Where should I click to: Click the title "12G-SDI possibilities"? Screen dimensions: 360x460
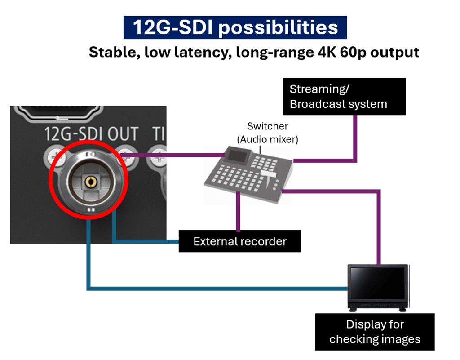[x=235, y=27]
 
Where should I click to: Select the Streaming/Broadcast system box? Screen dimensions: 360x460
[x=344, y=96]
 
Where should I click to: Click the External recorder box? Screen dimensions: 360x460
[x=240, y=241]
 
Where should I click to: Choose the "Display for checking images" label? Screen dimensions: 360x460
[x=375, y=332]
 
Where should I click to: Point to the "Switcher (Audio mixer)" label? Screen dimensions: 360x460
[x=267, y=133]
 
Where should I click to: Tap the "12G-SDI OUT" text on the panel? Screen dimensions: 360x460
[x=91, y=133]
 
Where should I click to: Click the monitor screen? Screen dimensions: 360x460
[x=379, y=284]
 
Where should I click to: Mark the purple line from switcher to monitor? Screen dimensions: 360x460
[x=380, y=225]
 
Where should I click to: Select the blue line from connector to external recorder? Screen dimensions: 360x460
[x=144, y=241]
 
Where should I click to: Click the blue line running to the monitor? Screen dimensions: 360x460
[x=216, y=288]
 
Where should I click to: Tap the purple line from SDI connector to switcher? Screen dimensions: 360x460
[x=175, y=156]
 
